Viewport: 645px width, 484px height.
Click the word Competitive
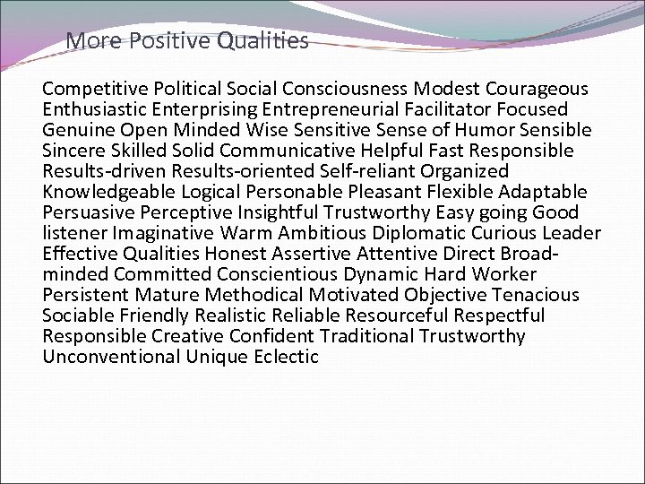click(x=95, y=89)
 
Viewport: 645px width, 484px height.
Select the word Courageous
click(x=537, y=89)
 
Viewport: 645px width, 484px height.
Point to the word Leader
click(x=572, y=233)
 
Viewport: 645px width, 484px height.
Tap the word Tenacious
click(x=536, y=295)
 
